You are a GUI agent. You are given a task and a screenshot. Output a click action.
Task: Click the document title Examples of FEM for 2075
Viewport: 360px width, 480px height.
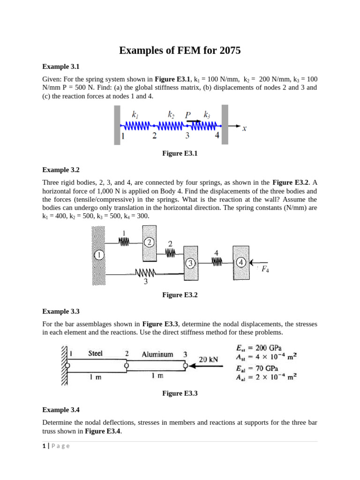click(x=180, y=50)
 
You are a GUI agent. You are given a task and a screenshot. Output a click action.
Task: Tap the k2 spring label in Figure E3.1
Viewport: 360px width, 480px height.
click(x=172, y=114)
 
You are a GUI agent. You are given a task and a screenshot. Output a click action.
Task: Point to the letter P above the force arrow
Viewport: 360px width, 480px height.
click(x=187, y=115)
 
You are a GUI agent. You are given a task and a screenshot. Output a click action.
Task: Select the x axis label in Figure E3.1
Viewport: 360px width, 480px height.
click(x=244, y=130)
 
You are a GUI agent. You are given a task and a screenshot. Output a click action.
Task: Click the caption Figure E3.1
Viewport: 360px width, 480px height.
click(x=180, y=153)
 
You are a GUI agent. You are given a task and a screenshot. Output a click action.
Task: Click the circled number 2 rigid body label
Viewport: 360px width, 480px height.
click(x=149, y=242)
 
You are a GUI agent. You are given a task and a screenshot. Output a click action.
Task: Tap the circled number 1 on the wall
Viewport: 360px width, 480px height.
click(x=98, y=255)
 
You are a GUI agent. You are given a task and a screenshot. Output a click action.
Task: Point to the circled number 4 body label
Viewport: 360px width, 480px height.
click(x=241, y=262)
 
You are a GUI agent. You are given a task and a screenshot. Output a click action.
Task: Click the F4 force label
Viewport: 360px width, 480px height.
click(x=265, y=269)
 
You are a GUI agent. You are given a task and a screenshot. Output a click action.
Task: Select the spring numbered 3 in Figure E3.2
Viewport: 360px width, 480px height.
click(x=146, y=273)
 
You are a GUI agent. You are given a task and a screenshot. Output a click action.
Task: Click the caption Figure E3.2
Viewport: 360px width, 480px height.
click(x=180, y=295)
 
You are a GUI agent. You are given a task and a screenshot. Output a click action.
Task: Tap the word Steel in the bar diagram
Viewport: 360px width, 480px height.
click(x=95, y=353)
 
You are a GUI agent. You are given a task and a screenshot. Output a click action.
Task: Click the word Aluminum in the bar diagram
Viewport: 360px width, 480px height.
click(x=157, y=354)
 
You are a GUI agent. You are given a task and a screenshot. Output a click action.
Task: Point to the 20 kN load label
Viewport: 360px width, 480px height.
click(x=208, y=360)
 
